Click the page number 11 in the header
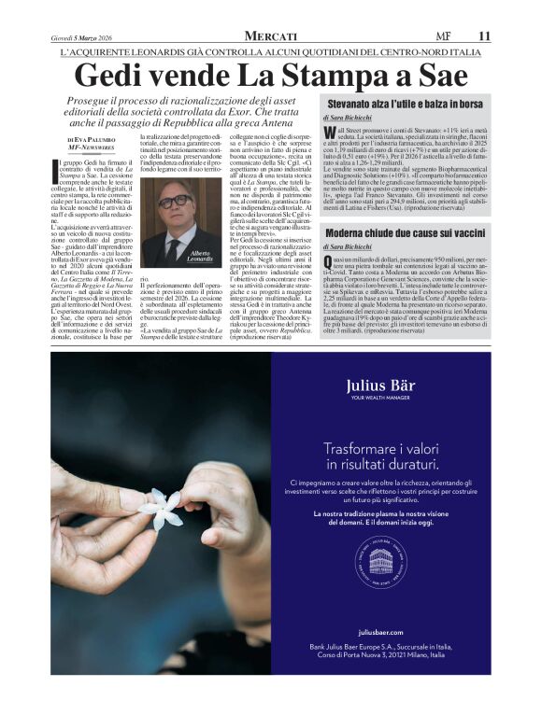(x=484, y=35)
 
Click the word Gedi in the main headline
(x=106, y=75)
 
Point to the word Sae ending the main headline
(x=441, y=75)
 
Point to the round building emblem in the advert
(x=379, y=563)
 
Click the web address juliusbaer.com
(x=379, y=606)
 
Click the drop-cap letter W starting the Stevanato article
(x=329, y=133)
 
